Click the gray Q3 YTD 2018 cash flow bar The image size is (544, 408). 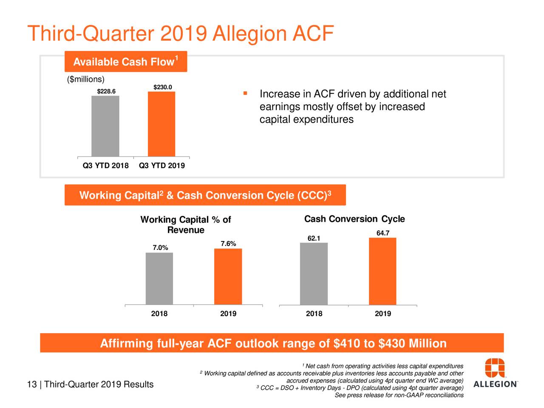click(105, 126)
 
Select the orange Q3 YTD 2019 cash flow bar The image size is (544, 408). click(161, 124)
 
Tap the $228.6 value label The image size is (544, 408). click(106, 91)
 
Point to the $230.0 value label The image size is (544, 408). click(163, 88)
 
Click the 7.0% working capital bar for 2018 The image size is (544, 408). click(159, 278)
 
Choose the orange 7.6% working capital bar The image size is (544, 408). click(228, 276)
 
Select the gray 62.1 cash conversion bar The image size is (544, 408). click(314, 274)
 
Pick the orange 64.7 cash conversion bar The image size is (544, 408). click(382, 271)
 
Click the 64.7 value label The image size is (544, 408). click(383, 233)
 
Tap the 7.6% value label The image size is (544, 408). click(228, 244)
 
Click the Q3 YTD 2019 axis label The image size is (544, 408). click(162, 166)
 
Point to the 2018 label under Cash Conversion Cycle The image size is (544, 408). click(314, 314)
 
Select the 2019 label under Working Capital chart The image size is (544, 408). click(228, 314)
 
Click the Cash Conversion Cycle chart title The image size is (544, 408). click(354, 219)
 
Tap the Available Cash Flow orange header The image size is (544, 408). click(126, 62)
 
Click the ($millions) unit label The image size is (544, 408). click(85, 79)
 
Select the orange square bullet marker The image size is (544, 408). click(245, 93)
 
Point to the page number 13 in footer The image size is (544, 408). click(31, 385)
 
